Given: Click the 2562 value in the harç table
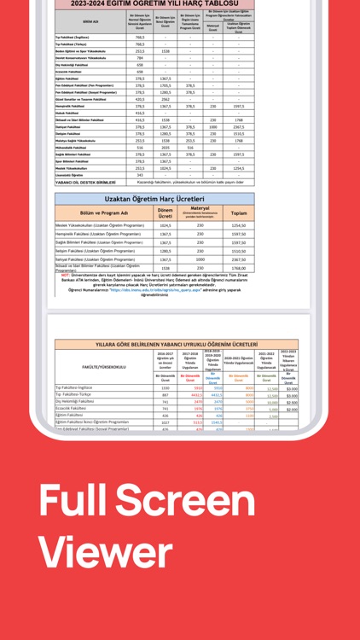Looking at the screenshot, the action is [165, 99].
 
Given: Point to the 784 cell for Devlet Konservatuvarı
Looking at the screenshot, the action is [140, 58].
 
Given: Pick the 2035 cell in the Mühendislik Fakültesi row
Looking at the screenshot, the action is [165, 147].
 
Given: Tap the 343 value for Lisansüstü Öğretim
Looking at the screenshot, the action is [140, 175].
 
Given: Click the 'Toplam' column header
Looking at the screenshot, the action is [239, 213].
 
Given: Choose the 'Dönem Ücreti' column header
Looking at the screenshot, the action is [165, 213].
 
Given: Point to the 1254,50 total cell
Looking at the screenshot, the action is [239, 225].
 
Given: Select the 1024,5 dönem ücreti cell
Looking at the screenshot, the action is [165, 225].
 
